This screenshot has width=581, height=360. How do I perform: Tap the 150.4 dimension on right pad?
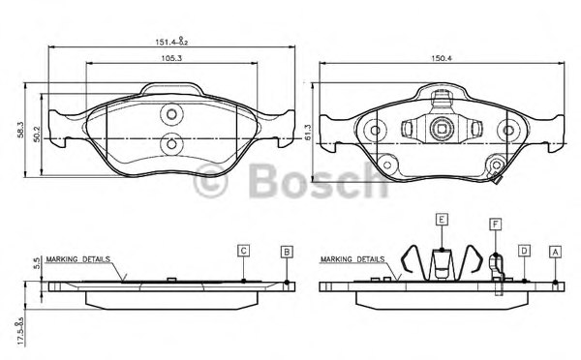[441, 58]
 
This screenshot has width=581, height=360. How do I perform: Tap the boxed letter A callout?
[555, 251]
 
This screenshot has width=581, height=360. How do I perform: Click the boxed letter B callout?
[287, 251]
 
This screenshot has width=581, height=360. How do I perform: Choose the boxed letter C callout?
[244, 251]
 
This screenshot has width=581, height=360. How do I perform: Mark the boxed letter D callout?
[523, 251]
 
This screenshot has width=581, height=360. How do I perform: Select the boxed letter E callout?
[441, 220]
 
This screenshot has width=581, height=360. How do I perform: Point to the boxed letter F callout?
[495, 225]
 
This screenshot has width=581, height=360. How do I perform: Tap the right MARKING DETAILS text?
[354, 259]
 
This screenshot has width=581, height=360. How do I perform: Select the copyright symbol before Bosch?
[211, 180]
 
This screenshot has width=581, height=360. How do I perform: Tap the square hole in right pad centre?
[441, 126]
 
